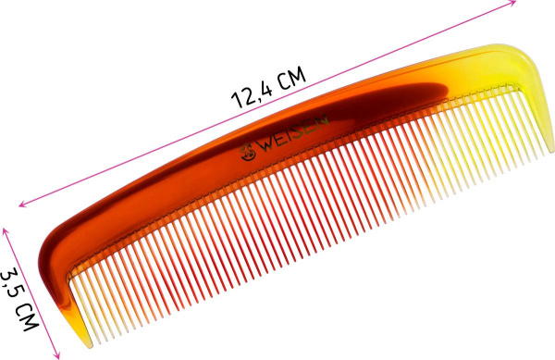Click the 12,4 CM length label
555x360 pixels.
pos(268,87)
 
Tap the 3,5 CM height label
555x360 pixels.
pos(18,300)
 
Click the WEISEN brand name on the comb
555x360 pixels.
pos(294,132)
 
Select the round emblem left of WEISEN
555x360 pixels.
pos(247,152)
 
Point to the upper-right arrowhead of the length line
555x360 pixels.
pos(512,3)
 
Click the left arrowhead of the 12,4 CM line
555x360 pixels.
pos(22,204)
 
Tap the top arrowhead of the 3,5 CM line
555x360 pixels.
pos(6,231)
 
